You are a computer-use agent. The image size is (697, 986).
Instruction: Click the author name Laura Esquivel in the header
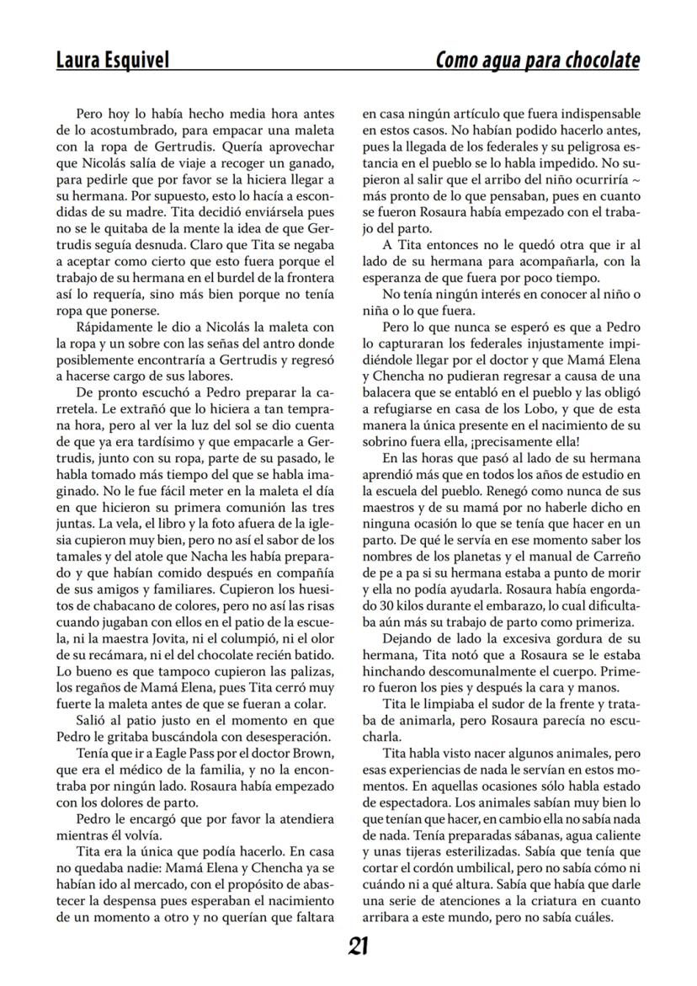[112, 60]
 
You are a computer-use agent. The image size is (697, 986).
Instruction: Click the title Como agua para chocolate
[537, 60]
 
